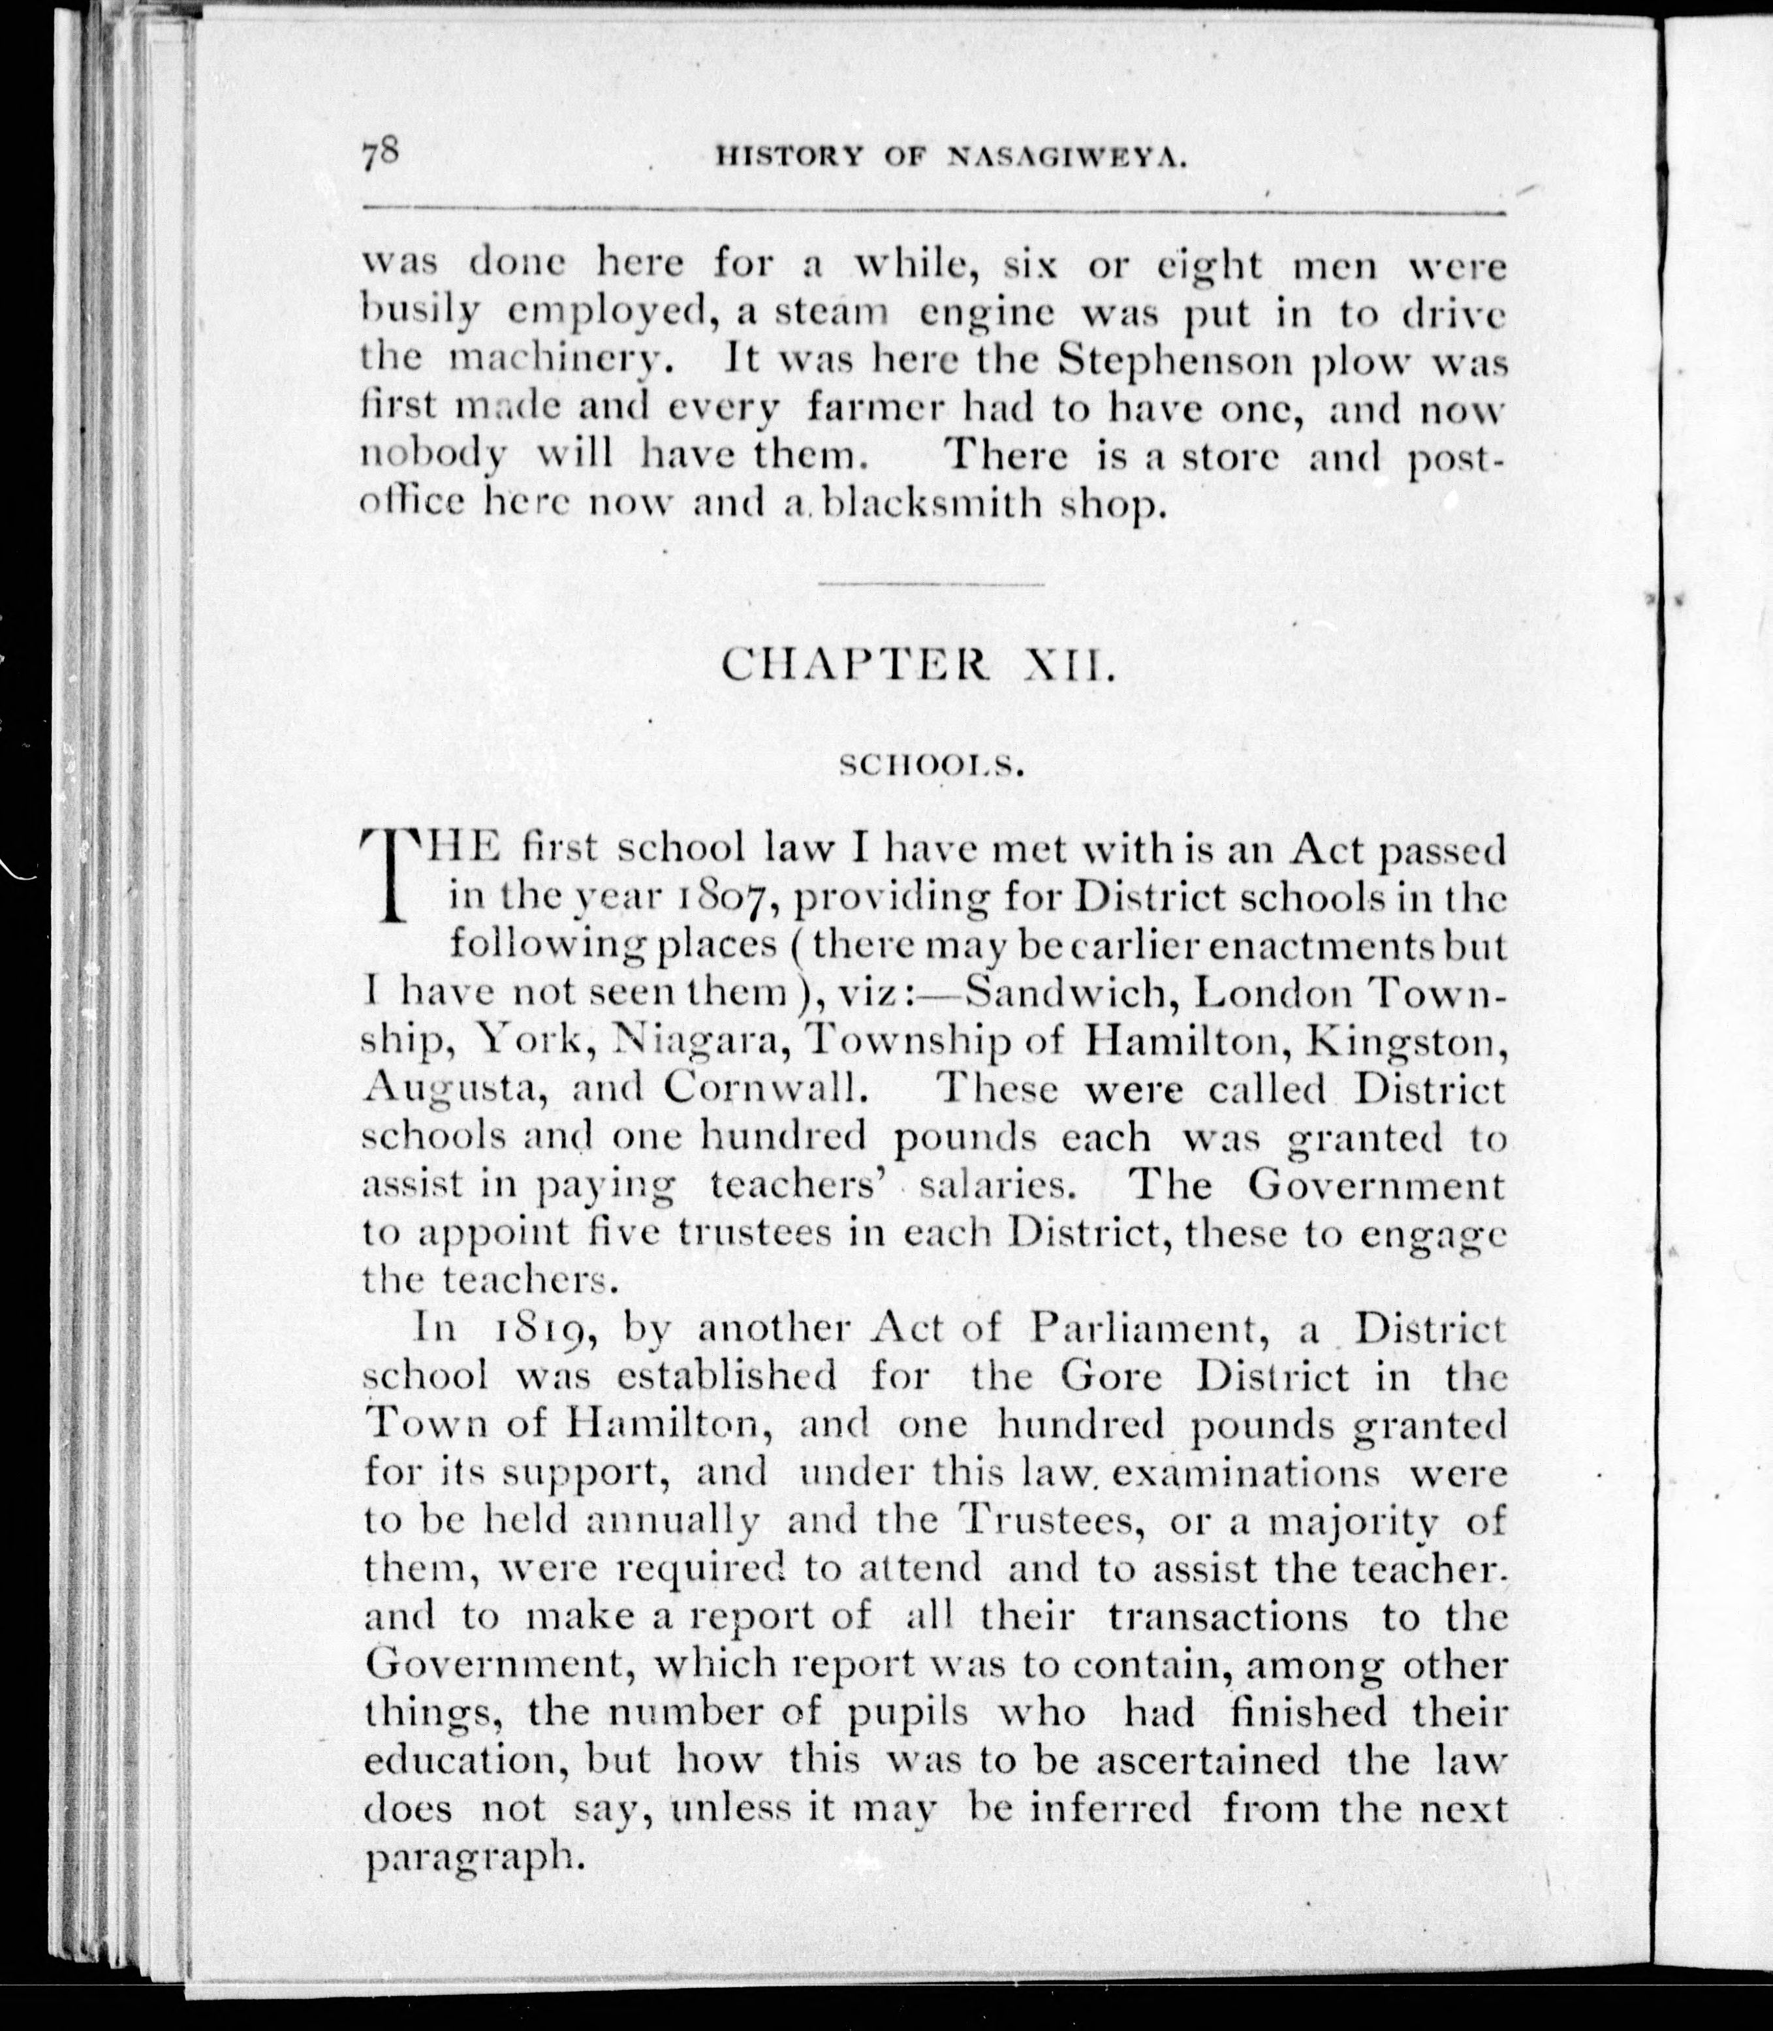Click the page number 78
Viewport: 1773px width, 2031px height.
tap(380, 155)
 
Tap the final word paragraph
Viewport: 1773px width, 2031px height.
tap(470, 1857)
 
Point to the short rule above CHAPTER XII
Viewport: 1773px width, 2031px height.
tap(930, 583)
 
